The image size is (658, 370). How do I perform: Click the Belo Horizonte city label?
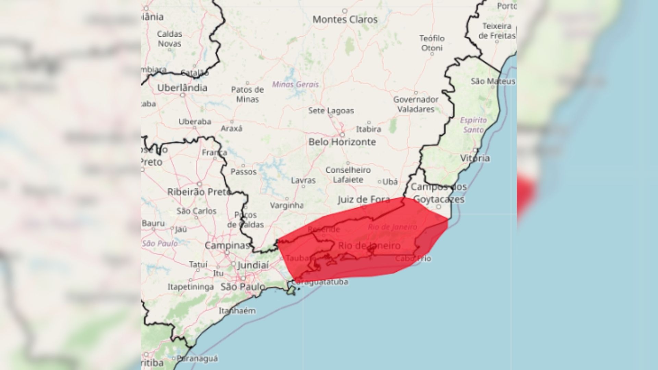342,142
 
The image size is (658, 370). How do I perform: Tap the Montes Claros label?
345,20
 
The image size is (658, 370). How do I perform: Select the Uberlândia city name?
182,88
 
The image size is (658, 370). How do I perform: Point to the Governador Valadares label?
416,104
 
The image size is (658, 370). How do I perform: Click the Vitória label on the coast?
475,158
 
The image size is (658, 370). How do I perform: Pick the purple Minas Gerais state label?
295,84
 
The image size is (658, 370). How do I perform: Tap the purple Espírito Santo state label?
473,125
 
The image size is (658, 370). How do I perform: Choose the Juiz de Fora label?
364,200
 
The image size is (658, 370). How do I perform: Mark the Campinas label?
227,245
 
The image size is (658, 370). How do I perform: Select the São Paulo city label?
243,287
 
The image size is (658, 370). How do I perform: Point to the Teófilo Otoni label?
432,43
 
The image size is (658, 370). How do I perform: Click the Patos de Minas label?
247,94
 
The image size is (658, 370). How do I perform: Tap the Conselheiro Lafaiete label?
348,175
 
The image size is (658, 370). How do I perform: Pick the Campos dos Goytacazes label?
439,193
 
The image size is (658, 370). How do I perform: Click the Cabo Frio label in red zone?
413,258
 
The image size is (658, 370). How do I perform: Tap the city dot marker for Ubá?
380,182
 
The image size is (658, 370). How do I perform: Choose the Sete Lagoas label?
331,111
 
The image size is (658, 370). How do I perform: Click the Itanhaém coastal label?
237,311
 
